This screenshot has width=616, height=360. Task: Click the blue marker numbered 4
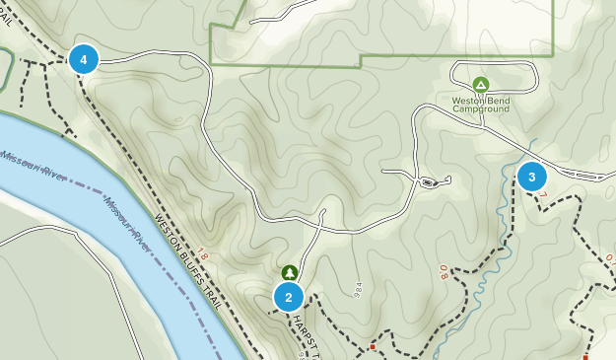pos(84,59)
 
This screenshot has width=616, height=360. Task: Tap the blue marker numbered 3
pos(532,177)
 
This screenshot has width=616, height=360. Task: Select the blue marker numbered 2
pos(289,296)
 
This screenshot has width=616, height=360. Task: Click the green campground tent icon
pos(480,85)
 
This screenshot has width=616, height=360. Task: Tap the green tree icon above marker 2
pos(289,271)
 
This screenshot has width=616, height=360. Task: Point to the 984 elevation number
pos(356,291)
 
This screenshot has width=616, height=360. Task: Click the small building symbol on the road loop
pos(428,182)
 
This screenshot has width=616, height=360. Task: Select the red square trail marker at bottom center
pos(373,347)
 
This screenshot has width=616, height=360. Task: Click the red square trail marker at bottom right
pos(585,356)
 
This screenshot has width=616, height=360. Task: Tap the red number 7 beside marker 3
pos(542,195)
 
